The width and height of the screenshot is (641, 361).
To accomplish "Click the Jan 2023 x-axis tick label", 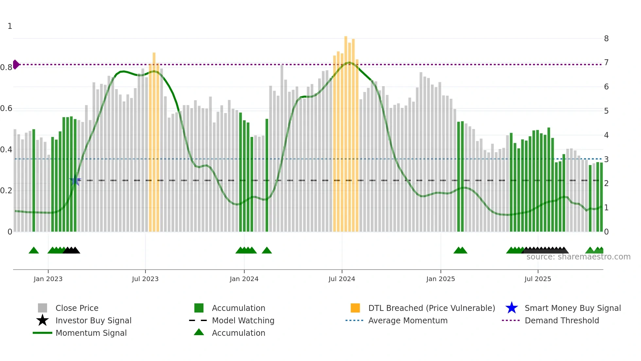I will [48, 279].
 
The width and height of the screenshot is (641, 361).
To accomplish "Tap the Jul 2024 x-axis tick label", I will [342, 279].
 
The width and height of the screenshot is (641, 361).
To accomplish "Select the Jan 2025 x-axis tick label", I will [441, 279].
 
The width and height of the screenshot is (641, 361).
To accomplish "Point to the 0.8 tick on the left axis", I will [6, 67].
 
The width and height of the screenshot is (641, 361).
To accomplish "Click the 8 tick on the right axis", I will [606, 39].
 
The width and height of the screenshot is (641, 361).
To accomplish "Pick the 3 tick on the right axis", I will [606, 160].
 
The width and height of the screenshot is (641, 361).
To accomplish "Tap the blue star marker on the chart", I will [75, 180].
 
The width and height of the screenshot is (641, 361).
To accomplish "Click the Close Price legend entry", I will [77, 308].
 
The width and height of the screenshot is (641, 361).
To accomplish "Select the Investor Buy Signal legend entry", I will [93, 320].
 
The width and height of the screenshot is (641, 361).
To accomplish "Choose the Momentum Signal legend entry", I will [91, 333].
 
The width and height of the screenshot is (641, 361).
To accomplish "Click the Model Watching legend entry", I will [243, 320].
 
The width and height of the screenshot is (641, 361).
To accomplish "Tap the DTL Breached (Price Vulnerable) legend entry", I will [431, 308].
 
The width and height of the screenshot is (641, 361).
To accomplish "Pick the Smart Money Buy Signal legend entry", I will [572, 308].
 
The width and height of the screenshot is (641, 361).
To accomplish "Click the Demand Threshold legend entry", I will [562, 320].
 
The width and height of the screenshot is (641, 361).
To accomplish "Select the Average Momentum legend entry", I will [407, 320].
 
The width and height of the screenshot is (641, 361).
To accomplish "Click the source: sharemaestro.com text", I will [578, 257].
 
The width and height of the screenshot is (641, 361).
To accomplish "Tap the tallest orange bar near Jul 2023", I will [154, 141].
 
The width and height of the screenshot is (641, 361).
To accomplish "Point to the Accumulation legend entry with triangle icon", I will [238, 333].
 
